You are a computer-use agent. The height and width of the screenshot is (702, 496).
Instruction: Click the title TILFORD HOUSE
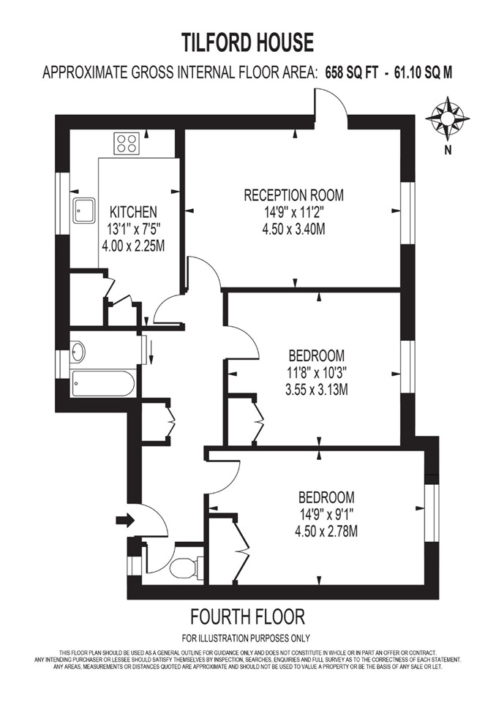[x=247, y=41]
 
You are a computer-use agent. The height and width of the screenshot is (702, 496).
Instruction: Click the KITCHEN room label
[x=132, y=212]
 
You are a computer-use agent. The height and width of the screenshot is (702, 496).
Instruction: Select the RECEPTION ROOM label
[x=293, y=195]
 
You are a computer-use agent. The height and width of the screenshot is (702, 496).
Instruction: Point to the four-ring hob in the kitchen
[x=127, y=143]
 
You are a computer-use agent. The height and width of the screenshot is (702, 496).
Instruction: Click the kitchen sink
[x=83, y=210]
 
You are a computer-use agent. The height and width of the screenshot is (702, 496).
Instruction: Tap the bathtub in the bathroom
[x=102, y=382]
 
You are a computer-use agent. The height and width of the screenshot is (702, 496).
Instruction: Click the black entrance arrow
[x=125, y=521]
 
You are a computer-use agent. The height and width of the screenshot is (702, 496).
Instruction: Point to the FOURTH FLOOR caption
[x=247, y=615]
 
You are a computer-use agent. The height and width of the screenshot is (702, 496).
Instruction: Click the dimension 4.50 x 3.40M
[x=293, y=229]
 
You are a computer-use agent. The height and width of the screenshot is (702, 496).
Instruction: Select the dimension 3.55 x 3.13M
[x=316, y=390]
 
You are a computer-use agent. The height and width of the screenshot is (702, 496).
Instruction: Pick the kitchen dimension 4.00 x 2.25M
[x=132, y=245]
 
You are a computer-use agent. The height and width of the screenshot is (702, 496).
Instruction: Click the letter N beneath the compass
[x=446, y=151]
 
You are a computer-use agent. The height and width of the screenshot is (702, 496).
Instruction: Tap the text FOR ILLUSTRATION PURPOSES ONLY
[x=247, y=637]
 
